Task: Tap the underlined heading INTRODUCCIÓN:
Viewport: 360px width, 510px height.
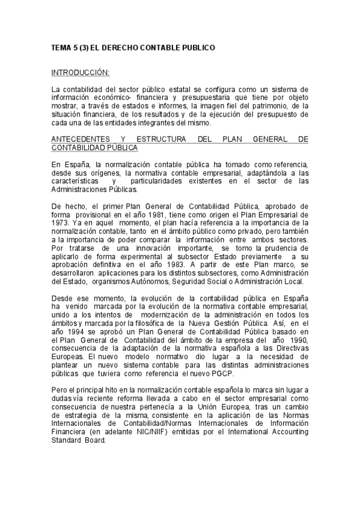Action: click(80, 73)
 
